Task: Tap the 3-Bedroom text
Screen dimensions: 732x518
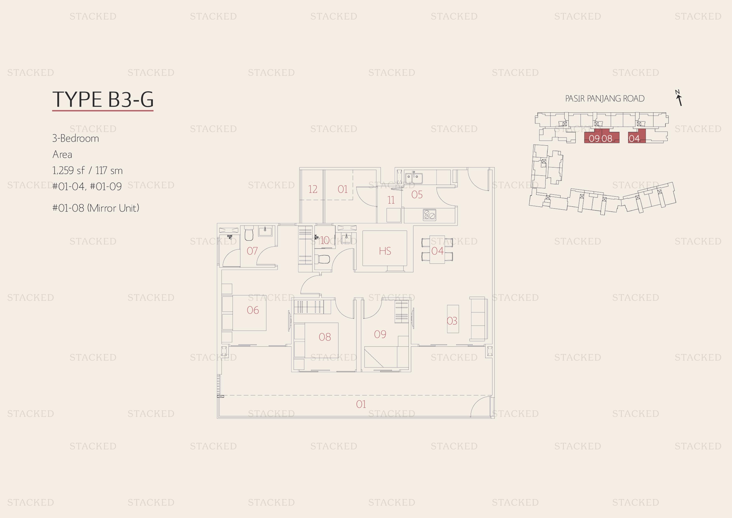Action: point(76,138)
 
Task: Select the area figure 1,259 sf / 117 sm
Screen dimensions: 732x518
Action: point(87,170)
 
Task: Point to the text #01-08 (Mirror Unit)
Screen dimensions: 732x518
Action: point(96,208)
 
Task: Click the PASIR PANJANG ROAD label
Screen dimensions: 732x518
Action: point(605,99)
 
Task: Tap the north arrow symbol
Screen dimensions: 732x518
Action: point(679,98)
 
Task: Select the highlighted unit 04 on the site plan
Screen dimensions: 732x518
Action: point(637,136)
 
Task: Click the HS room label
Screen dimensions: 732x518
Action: point(385,251)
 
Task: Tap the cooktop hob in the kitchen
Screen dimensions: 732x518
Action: point(429,215)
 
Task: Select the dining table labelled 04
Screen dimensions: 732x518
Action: point(437,250)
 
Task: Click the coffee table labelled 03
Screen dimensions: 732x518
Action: point(453,319)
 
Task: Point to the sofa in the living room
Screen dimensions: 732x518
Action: point(478,319)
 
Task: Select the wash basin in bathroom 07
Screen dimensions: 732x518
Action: point(265,231)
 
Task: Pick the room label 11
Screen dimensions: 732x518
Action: point(391,200)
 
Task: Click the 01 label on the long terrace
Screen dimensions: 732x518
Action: point(361,404)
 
